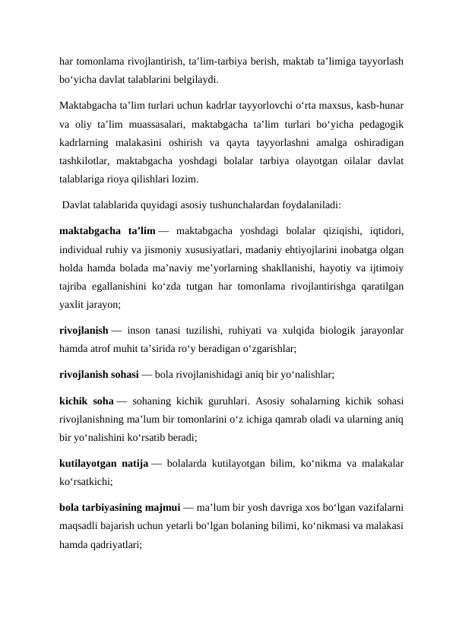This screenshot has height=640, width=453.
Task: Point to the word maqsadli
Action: click(x=81, y=526)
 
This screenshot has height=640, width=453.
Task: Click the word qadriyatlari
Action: click(x=112, y=545)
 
